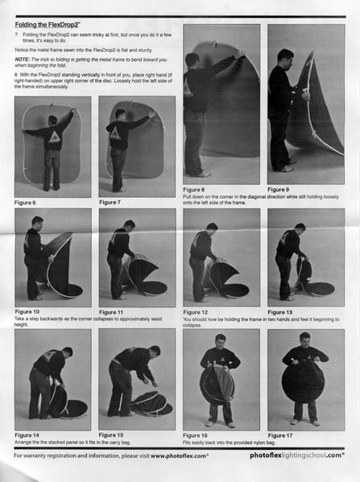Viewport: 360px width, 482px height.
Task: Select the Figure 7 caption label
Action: pos(110,203)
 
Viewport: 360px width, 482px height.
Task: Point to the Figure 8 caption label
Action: pos(193,190)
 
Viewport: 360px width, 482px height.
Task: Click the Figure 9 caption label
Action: pos(278,190)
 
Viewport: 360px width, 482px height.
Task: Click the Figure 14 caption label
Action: pos(27,435)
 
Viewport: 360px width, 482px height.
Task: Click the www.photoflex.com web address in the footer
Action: pos(180,455)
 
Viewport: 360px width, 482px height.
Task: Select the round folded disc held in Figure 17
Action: pos(304,381)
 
